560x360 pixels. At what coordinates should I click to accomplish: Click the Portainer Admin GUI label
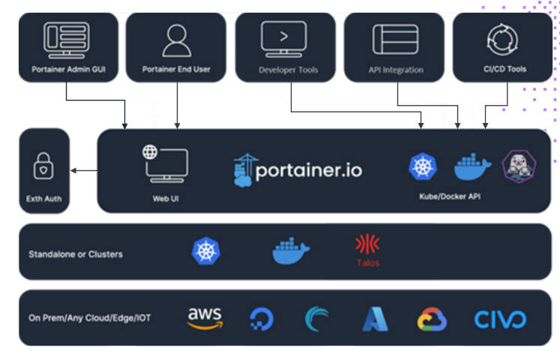(x=67, y=70)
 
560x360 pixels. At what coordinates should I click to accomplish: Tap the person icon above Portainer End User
(x=176, y=40)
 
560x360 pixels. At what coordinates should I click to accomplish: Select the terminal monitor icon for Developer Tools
(x=283, y=38)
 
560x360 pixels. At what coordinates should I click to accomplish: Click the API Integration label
(x=396, y=70)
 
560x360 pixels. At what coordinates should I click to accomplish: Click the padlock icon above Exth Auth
(x=43, y=166)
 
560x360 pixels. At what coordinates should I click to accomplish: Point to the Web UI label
(x=166, y=199)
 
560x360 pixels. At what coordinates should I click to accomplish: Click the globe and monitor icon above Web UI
(x=166, y=164)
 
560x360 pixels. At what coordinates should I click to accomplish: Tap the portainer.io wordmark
(x=298, y=170)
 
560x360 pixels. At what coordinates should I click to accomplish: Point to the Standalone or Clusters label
(x=75, y=253)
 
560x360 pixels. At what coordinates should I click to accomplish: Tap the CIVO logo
(x=500, y=319)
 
